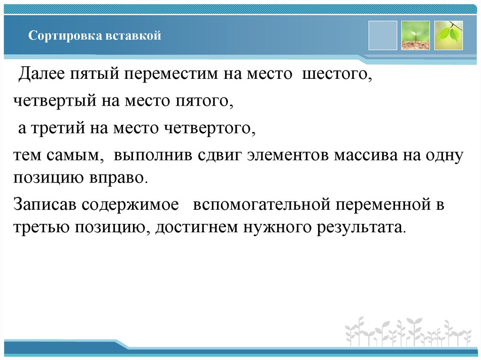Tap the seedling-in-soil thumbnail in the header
coord(415,35)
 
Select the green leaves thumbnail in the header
coord(448,35)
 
